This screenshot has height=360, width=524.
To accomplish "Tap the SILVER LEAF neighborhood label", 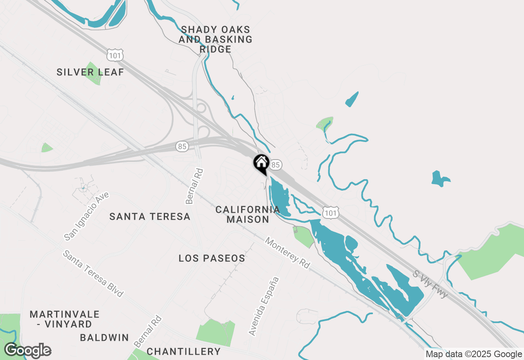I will pos(90,72).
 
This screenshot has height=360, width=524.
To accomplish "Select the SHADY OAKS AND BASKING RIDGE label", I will pos(216,40).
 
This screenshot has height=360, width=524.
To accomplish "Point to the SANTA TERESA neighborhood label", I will pos(150,216).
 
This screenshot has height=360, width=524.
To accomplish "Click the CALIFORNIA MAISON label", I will pos(248,214).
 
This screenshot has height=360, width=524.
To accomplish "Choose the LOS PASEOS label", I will pos(212,258).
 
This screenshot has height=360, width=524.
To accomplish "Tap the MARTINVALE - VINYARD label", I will pos(65,319).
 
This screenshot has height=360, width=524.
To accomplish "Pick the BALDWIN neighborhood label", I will pos(104,338).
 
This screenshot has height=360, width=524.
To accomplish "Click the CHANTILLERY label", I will pos(183,351).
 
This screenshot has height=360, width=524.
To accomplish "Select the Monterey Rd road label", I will pos(287,253).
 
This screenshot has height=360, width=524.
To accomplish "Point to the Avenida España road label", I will pos(264,306).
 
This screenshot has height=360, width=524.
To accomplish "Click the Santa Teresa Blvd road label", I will pos(93,274).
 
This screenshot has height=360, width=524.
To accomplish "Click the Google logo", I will pos(27,351).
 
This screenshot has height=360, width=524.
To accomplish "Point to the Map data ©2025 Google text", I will pos(474,354).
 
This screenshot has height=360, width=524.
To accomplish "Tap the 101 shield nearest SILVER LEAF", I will pos(115,54).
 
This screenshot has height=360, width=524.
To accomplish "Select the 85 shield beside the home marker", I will pos(276,165).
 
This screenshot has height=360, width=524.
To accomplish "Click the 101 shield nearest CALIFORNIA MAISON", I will pos(330,212).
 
